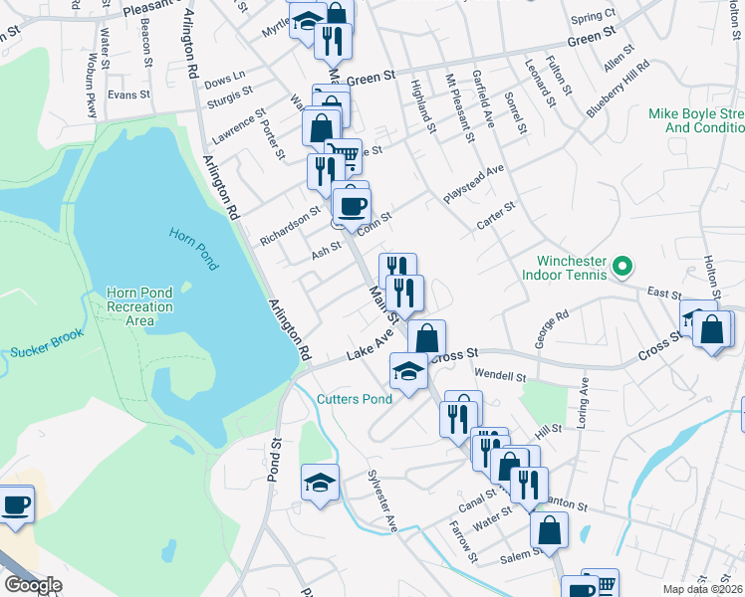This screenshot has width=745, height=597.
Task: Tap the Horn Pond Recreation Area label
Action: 139,306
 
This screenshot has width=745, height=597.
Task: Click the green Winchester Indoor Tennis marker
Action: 622,266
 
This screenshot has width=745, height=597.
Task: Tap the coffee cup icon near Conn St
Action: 352,206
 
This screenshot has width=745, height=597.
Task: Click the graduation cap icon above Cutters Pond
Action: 408,372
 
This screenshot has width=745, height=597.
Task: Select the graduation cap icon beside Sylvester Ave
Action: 320,483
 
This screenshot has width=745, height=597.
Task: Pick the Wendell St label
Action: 499,376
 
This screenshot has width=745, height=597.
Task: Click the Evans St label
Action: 127,95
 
